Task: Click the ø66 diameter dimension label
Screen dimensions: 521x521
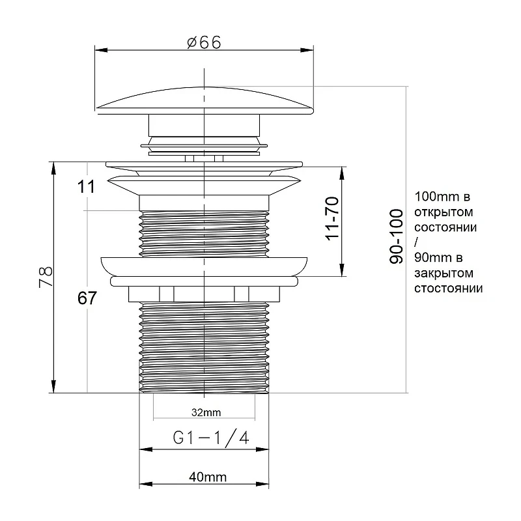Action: (x=204, y=43)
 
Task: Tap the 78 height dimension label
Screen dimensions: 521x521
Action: (x=46, y=276)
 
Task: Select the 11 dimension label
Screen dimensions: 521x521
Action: (x=86, y=186)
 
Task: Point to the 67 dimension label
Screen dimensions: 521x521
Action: (x=87, y=298)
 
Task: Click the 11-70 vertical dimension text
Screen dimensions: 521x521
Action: (x=332, y=218)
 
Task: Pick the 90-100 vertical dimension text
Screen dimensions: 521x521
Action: (x=396, y=236)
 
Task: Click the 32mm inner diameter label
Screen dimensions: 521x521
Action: (x=206, y=412)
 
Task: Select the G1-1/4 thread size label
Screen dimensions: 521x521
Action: (x=211, y=437)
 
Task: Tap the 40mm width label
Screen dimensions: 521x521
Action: (x=208, y=477)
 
